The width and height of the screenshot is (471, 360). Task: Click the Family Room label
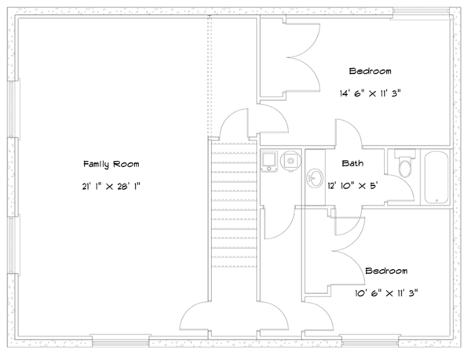(111, 164)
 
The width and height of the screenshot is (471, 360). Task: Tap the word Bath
(352, 164)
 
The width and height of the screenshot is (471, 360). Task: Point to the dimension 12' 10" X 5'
(352, 185)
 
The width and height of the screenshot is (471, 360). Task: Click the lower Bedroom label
(385, 271)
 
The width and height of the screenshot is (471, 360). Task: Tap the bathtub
(436, 176)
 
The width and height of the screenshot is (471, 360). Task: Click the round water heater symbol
(290, 160)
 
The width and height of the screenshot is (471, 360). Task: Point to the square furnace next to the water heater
(270, 160)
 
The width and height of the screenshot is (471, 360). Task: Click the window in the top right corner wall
(424, 12)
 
